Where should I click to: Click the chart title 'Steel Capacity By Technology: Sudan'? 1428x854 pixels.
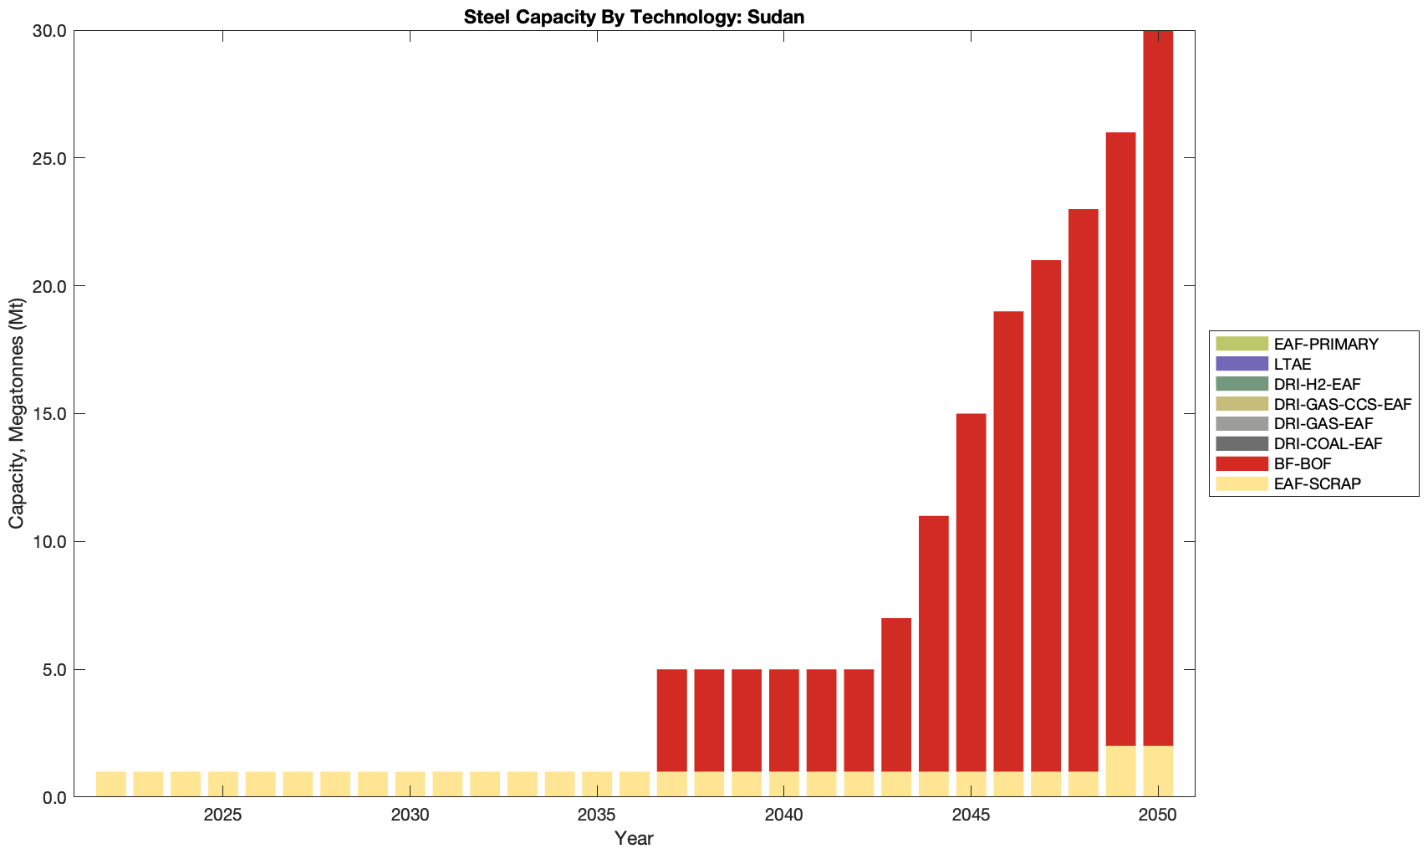[x=634, y=17]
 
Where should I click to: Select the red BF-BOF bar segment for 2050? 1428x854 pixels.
[x=1158, y=385]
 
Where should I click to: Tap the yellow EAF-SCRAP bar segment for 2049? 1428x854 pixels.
[x=1120, y=771]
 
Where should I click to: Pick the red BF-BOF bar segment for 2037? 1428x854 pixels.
[x=671, y=719]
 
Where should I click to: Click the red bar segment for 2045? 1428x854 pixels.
[x=971, y=592]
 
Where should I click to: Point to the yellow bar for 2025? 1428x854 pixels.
[x=222, y=784]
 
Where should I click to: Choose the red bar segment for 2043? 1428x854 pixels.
[x=896, y=694]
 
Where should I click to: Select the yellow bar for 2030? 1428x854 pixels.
[x=410, y=784]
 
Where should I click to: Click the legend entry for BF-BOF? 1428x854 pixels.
[x=1303, y=463]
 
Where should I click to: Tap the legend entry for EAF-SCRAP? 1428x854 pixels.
[x=1317, y=483]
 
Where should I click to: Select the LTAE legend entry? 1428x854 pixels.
[x=1293, y=364]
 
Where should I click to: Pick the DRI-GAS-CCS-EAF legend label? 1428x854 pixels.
[x=1342, y=404]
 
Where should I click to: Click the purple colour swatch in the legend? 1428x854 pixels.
[x=1242, y=364]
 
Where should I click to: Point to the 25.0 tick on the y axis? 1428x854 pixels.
[x=49, y=158]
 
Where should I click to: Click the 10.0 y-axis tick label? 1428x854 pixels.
[x=49, y=541]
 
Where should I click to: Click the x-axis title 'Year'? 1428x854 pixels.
[x=634, y=838]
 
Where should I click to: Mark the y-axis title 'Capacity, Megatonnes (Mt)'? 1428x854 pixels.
[x=16, y=413]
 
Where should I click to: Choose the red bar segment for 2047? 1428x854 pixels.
[x=1046, y=515]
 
